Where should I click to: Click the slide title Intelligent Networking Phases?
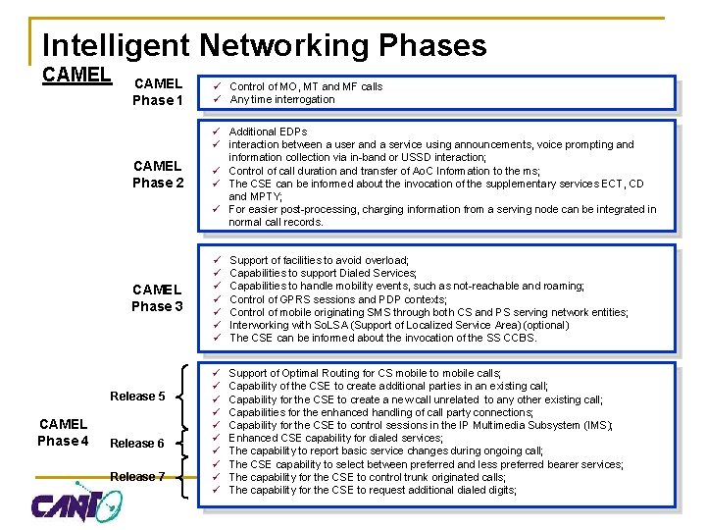tap(264, 45)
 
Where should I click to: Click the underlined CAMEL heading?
tap(77, 75)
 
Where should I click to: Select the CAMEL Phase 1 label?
tap(158, 92)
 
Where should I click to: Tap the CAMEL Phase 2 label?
tap(158, 174)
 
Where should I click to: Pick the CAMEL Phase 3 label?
tap(158, 297)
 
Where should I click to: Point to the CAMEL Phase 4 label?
tap(63, 432)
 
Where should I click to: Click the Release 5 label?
tap(137, 397)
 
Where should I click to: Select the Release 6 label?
tap(137, 443)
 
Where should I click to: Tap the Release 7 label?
tap(137, 477)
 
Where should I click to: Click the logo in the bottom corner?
tap(76, 503)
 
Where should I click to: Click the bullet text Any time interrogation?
tap(281, 99)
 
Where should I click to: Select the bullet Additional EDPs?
tap(268, 132)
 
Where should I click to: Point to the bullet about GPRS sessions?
tap(337, 299)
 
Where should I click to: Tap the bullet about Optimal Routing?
tap(365, 374)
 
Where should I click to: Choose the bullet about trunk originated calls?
tap(367, 477)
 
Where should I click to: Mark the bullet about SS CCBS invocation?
tap(382, 338)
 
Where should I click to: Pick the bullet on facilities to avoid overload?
tap(319, 260)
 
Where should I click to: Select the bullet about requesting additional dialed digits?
tap(372, 490)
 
